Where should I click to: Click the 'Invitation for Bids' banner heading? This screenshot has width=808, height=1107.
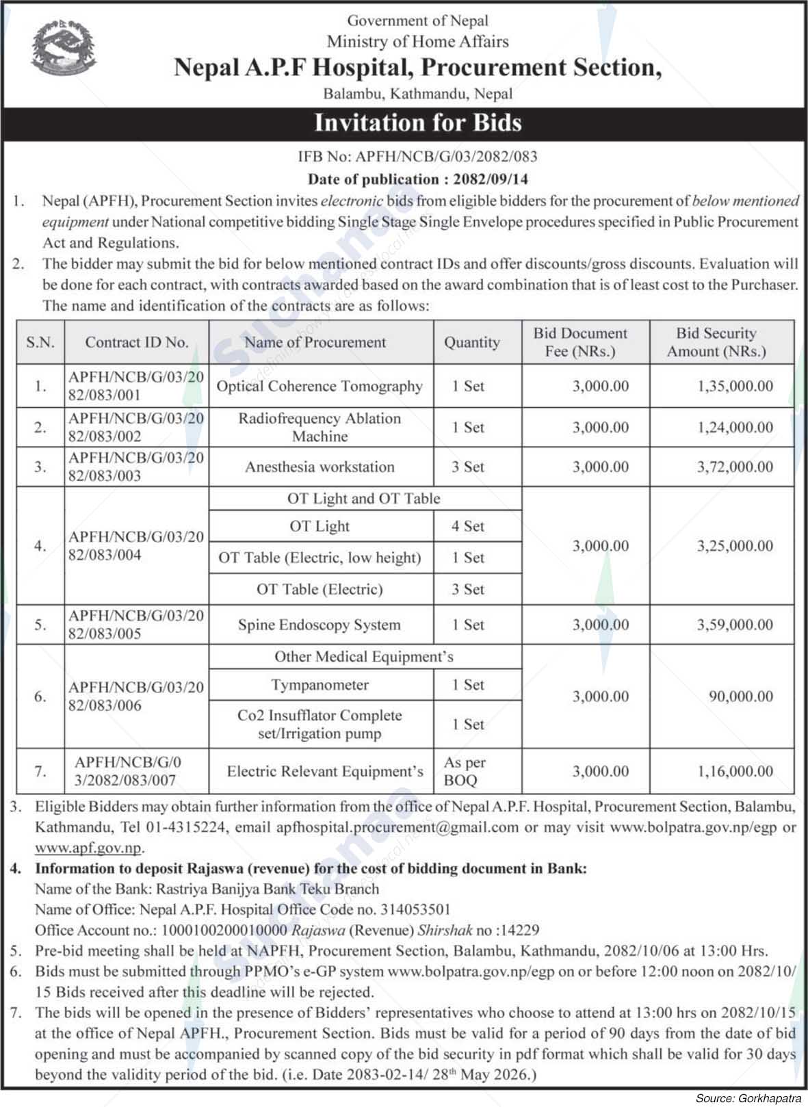pos(417,122)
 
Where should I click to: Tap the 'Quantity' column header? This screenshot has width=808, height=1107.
pos(472,342)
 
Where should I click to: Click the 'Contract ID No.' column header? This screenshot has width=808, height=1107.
pos(137,342)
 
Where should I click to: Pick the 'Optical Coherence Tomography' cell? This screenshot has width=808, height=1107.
pos(320,386)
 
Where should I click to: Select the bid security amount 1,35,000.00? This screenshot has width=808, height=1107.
pos(735,386)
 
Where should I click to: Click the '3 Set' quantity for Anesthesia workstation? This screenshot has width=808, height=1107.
pos(468,467)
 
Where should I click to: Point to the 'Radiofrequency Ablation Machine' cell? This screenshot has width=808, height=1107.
pos(320,427)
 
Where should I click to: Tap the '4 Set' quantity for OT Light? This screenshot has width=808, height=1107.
pos(468,526)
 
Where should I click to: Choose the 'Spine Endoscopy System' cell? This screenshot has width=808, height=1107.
pos(320,625)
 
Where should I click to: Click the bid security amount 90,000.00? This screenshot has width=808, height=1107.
pos(742,696)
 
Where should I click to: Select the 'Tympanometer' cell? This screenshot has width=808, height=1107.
pos(320,685)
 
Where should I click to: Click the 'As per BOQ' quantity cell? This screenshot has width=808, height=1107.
pos(465,771)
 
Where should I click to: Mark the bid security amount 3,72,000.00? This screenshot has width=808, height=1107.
pos(735,467)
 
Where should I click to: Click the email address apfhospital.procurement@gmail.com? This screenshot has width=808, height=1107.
pos(398,827)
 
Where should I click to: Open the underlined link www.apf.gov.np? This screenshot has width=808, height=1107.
pos(88,848)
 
